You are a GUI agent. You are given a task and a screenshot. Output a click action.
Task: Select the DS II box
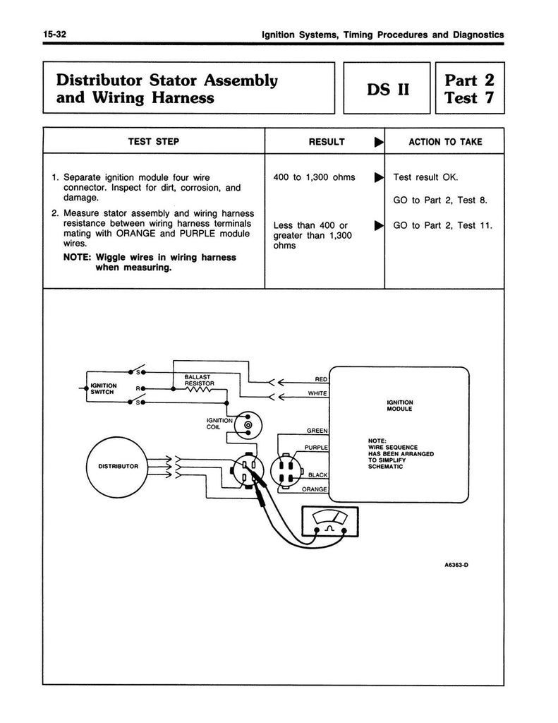click(387, 89)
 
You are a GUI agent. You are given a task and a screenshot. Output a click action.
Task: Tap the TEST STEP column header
click(153, 142)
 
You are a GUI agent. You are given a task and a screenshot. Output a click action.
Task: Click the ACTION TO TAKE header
click(445, 142)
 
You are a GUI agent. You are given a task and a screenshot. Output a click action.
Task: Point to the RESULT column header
click(327, 142)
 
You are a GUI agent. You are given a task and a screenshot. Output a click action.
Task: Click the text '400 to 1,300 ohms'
click(314, 177)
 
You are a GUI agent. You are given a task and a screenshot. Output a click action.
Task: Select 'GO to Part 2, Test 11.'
click(442, 226)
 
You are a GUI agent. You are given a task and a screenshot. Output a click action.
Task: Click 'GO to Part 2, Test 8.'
click(439, 201)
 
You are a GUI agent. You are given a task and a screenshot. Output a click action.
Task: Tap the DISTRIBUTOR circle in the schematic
click(118, 467)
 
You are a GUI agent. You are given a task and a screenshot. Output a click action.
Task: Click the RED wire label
click(320, 379)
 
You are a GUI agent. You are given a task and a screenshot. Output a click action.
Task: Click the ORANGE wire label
click(315, 489)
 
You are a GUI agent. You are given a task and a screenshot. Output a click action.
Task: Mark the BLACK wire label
click(319, 475)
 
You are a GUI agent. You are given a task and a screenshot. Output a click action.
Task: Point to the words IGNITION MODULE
click(399, 406)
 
